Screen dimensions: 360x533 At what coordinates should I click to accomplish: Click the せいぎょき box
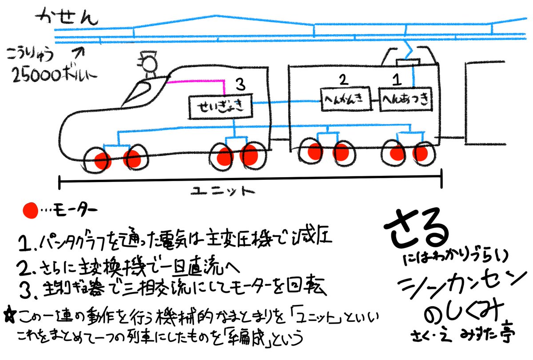221,107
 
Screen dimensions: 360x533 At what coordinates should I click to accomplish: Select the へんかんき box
345,100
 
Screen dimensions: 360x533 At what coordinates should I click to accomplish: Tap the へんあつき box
406,100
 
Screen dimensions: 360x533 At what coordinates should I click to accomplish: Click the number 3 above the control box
239,83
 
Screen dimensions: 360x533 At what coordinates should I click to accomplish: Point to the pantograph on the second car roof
408,56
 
